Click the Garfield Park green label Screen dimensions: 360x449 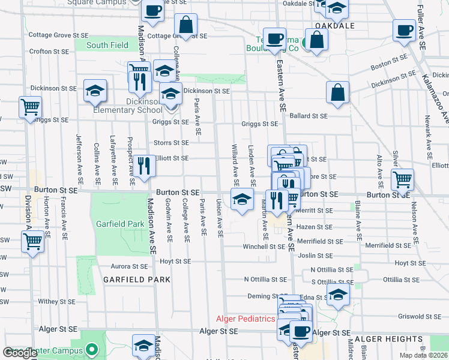coord(119,224)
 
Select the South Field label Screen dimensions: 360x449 coord(107,45)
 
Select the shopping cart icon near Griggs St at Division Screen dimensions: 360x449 coord(30,107)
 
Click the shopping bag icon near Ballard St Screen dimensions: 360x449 coord(338,92)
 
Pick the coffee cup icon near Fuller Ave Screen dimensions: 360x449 coord(404,29)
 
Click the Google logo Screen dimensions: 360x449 coord(20,352)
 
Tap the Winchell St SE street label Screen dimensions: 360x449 coord(264,247)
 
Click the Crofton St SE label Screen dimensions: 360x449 coord(49,52)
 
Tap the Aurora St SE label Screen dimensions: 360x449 coord(129,266)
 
